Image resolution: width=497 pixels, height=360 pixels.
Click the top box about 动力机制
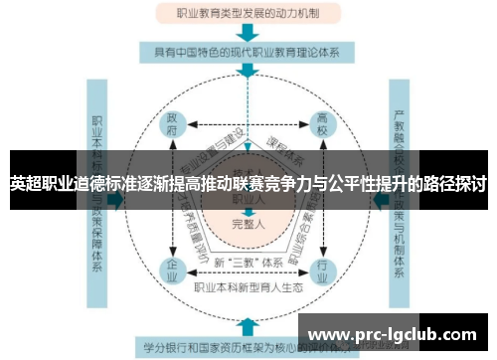pyautogui.click(x=248, y=14)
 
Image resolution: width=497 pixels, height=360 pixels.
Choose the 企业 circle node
pyautogui.click(x=172, y=268)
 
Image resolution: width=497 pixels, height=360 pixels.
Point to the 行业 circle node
pyautogui.click(x=322, y=268)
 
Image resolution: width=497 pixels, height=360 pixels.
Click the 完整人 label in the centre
pyautogui.click(x=248, y=222)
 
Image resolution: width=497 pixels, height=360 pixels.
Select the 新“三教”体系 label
pyautogui.click(x=248, y=262)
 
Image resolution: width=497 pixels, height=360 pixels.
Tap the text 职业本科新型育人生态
pyautogui.click(x=248, y=288)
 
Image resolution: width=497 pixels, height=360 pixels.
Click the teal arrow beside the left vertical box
pyautogui.click(x=117, y=199)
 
